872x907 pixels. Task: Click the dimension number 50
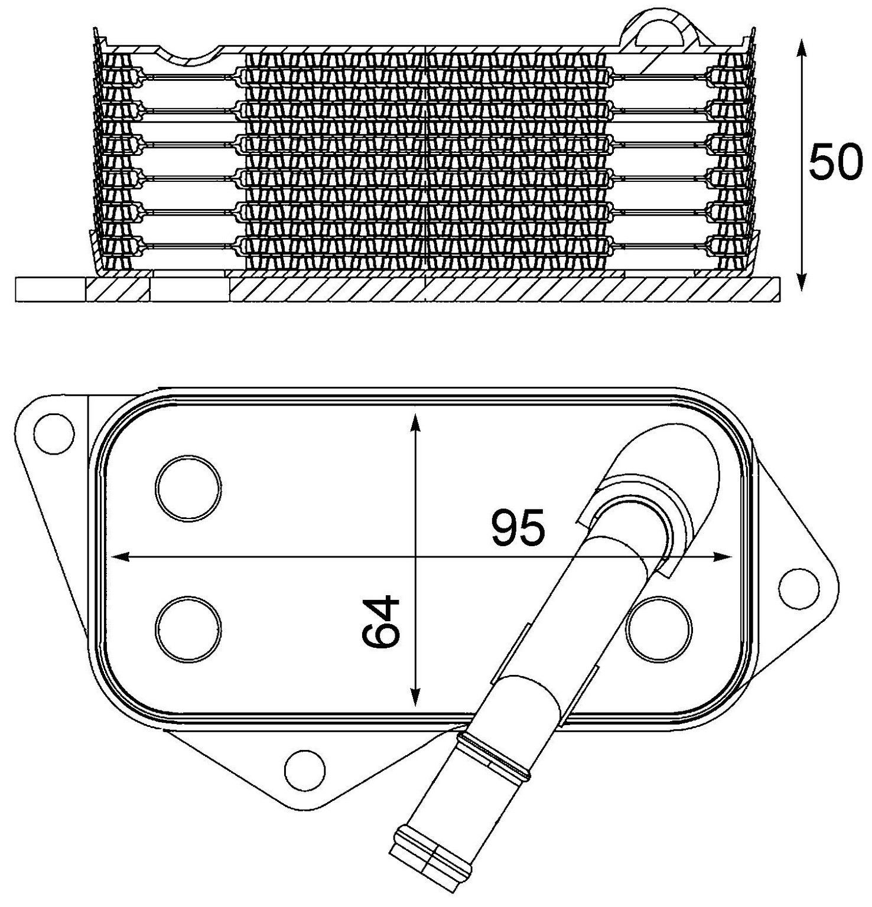point(835,161)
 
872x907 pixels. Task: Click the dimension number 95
point(516,528)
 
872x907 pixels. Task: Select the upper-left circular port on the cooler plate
point(188,487)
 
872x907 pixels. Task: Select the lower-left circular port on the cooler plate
point(188,628)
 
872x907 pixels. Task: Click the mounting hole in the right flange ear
point(799,588)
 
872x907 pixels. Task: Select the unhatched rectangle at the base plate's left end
point(50,290)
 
